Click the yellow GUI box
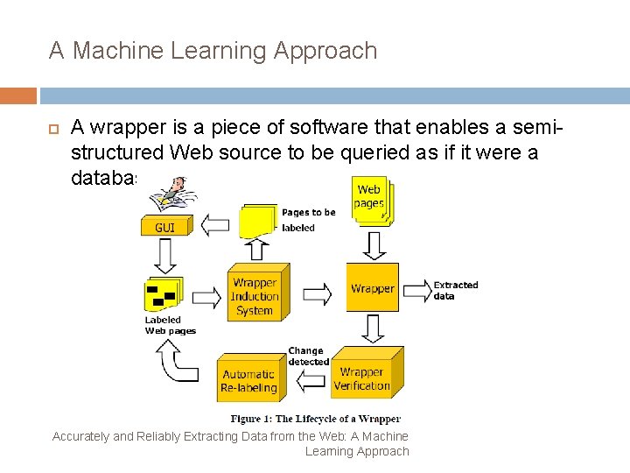164,227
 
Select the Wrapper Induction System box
254,296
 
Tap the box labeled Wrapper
372,288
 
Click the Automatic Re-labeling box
248,381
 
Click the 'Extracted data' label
456,290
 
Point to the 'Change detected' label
308,357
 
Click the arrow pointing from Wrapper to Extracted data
416,289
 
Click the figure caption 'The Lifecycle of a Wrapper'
315,419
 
